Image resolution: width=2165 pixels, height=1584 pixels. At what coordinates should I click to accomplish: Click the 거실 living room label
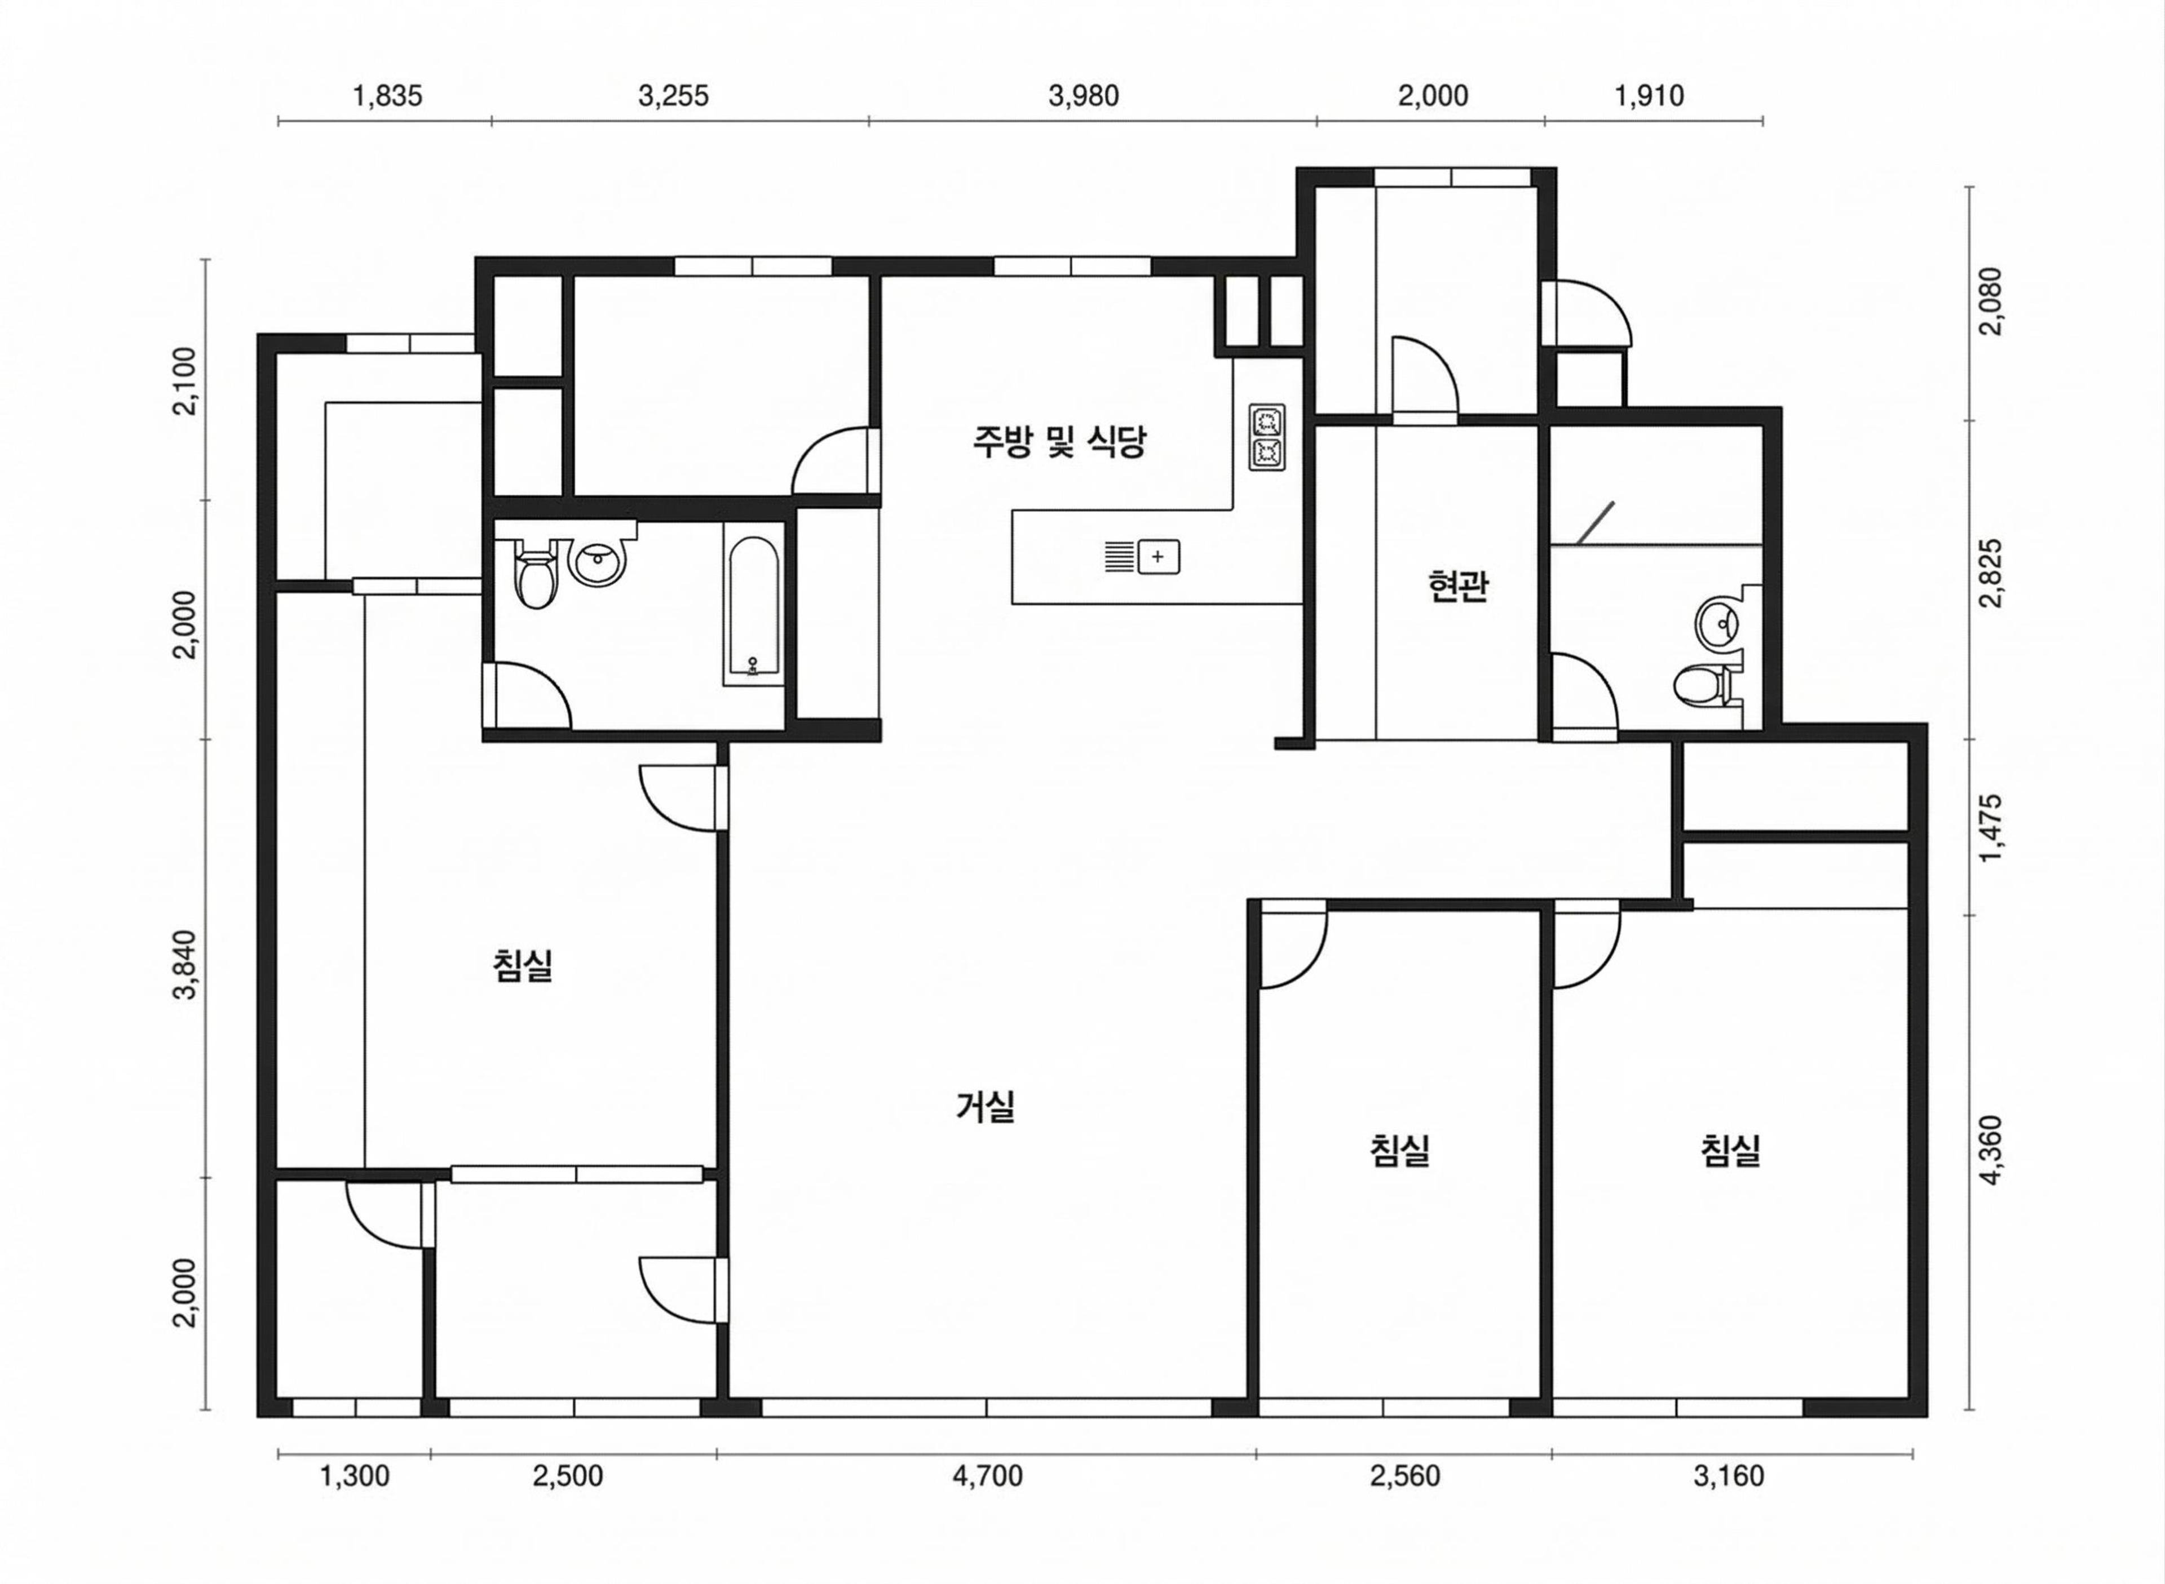point(986,1107)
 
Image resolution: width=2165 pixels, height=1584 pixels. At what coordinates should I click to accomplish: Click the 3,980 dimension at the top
point(1084,96)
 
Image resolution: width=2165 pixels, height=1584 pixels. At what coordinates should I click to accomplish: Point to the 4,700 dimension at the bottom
point(987,1476)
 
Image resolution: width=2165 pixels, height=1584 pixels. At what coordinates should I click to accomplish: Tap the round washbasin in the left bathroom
point(599,558)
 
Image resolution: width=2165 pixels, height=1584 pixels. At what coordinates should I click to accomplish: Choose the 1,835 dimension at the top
point(387,96)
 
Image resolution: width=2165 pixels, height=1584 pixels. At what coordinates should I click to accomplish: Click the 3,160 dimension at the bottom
point(1729,1476)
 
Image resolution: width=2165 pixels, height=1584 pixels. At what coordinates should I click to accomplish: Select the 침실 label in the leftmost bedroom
point(523,965)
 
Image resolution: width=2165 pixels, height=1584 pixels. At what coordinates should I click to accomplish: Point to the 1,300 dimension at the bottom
point(355,1476)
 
